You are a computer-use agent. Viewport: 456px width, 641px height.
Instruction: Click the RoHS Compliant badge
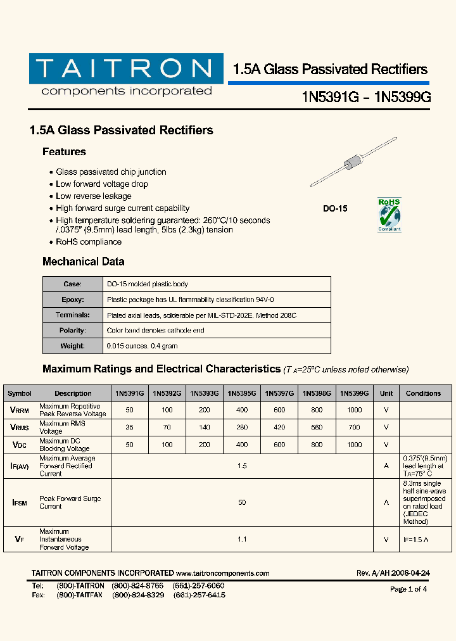pyautogui.click(x=389, y=215)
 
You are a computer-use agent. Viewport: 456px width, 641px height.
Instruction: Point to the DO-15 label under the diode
pyautogui.click(x=335, y=208)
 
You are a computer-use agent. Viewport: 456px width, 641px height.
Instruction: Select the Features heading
pyautogui.click(x=64, y=152)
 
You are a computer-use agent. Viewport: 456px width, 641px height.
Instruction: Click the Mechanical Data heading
pyautogui.click(x=83, y=262)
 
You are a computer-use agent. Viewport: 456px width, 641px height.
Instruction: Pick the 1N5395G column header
pyautogui.click(x=242, y=393)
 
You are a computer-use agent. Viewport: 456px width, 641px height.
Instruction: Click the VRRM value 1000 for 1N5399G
pyautogui.click(x=354, y=410)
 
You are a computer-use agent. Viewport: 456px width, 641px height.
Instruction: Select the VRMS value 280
pyautogui.click(x=242, y=428)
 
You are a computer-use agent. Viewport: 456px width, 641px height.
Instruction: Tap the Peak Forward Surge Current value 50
pyautogui.click(x=242, y=502)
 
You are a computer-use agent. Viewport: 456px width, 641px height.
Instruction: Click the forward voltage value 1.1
pyautogui.click(x=242, y=540)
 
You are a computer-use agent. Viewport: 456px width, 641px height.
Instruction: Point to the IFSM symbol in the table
pyautogui.click(x=20, y=502)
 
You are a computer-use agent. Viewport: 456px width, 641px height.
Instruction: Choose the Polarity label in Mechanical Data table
pyautogui.click(x=72, y=331)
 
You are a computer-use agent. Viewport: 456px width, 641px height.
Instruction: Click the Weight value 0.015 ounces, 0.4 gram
pyautogui.click(x=142, y=346)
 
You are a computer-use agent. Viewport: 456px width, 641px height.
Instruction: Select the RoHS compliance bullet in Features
pyautogui.click(x=89, y=242)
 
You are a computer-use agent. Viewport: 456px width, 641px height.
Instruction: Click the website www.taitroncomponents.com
pyautogui.click(x=223, y=573)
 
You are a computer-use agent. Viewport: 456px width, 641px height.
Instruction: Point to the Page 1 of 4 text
pyautogui.click(x=408, y=589)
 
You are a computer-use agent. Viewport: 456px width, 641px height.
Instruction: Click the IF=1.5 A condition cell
pyautogui.click(x=415, y=540)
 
